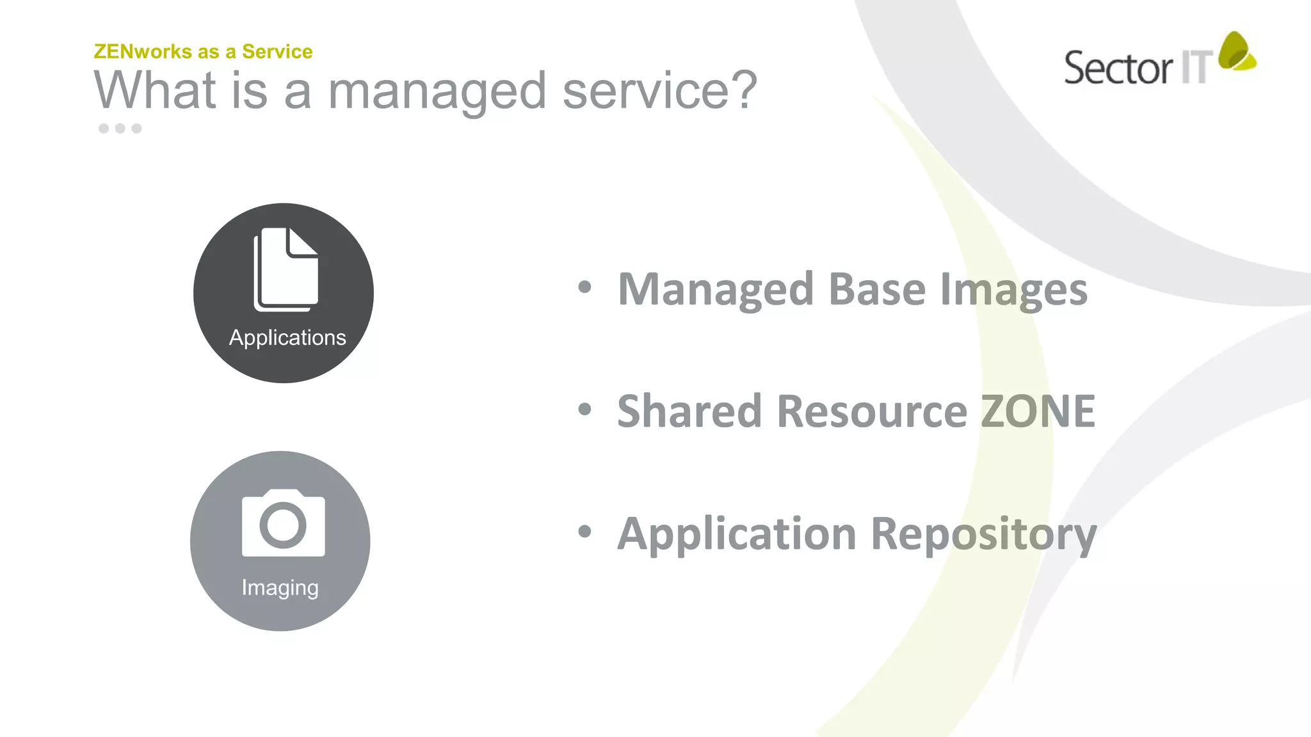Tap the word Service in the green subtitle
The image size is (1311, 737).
[x=277, y=52]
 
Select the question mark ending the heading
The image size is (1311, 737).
[x=744, y=90]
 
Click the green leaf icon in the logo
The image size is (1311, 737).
[x=1236, y=51]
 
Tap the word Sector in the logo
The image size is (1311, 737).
[x=1118, y=68]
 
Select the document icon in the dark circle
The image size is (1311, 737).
[x=286, y=269]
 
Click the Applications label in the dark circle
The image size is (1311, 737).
[x=287, y=338]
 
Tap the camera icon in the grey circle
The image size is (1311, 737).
[x=283, y=523]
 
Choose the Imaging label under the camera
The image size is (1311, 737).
[x=280, y=587]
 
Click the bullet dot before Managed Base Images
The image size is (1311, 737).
[x=584, y=287]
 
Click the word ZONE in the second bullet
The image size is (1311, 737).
[x=1038, y=411]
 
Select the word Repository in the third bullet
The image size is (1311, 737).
[x=984, y=535]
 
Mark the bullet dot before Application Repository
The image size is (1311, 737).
[x=584, y=531]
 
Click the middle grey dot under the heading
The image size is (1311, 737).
[x=120, y=129]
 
